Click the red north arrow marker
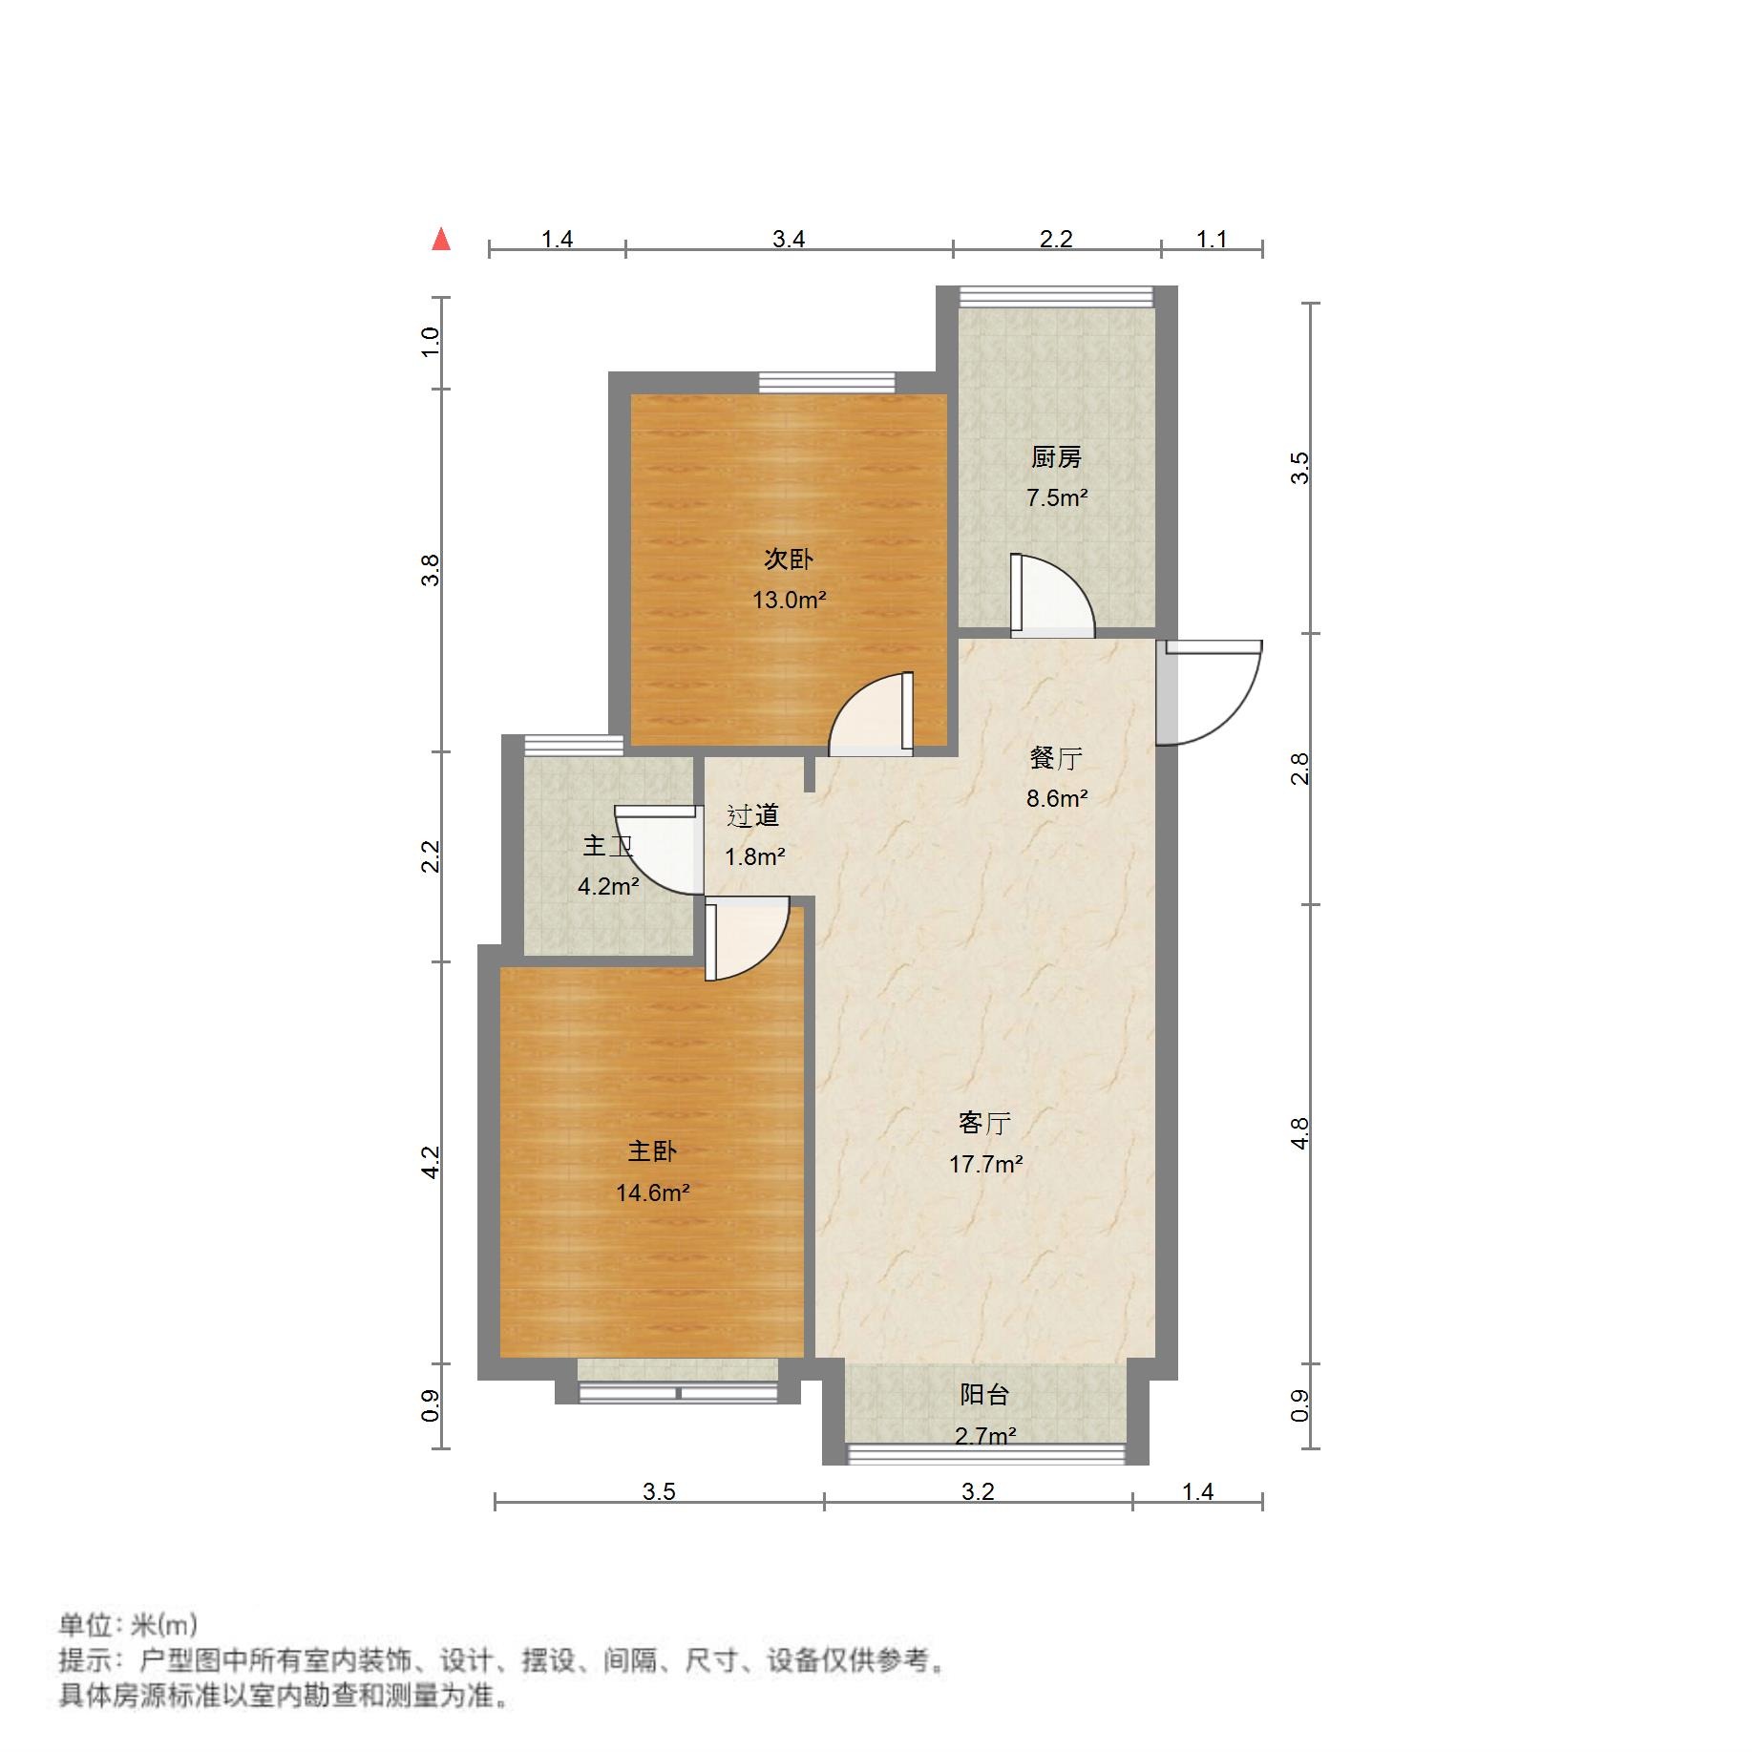(x=441, y=239)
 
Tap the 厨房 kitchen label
(x=1056, y=457)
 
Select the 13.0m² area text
(x=789, y=600)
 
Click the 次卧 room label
(x=788, y=559)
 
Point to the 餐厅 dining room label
(x=1056, y=758)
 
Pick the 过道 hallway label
(x=753, y=815)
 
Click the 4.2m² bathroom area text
(x=608, y=886)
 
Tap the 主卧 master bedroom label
(x=652, y=1150)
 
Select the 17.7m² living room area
(x=985, y=1164)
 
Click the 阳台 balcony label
(x=984, y=1395)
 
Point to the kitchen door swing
(x=1050, y=597)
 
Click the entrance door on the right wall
(x=1208, y=692)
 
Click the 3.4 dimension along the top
(x=789, y=239)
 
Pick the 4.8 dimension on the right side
(x=1298, y=1133)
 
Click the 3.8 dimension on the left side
(x=432, y=570)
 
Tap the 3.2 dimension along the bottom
(x=978, y=1491)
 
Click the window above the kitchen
(x=1056, y=297)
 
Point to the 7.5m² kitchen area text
(x=1057, y=497)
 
